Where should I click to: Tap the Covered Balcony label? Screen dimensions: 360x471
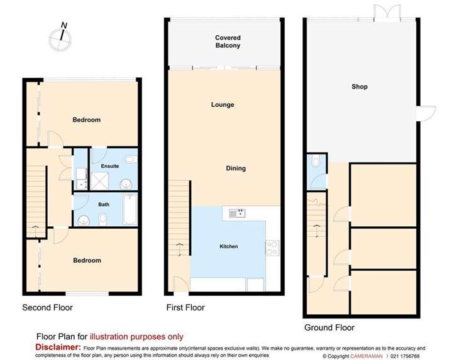[x=227, y=41]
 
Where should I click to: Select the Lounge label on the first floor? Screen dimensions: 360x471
[x=222, y=105]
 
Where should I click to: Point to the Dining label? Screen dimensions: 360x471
[x=236, y=168]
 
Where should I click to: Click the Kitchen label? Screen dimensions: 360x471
[x=228, y=246]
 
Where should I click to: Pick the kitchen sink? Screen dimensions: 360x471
[x=237, y=214]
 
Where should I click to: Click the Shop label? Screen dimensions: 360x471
[x=359, y=87]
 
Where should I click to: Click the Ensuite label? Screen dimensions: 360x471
[x=110, y=166]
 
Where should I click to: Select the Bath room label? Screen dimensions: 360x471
[x=104, y=204]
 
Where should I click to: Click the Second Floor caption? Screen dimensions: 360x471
[x=47, y=308]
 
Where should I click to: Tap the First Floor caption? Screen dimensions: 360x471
[x=185, y=308]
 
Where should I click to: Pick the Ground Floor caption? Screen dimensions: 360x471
[x=329, y=327]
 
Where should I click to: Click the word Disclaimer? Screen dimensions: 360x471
[x=57, y=347]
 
